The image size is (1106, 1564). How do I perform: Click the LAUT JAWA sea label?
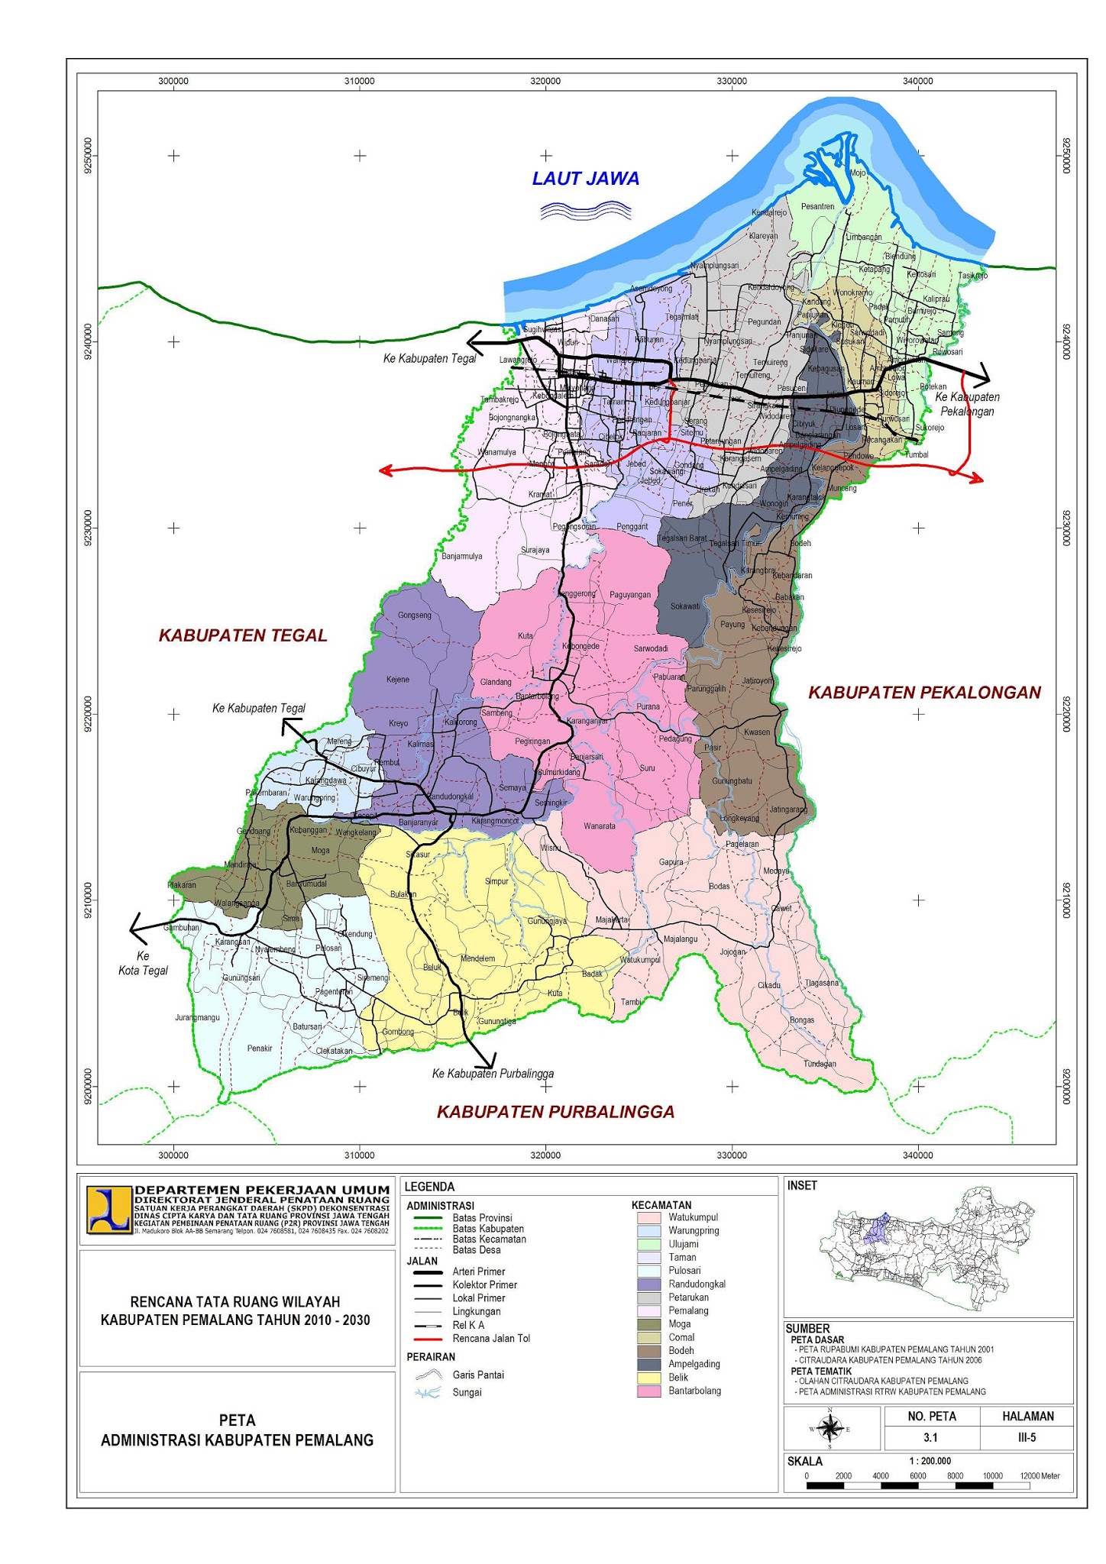[585, 179]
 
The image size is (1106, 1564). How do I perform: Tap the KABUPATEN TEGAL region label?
[243, 635]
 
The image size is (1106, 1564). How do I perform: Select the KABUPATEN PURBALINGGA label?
[555, 1112]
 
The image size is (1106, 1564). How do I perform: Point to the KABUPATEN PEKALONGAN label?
[924, 693]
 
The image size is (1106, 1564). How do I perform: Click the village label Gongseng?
[415, 615]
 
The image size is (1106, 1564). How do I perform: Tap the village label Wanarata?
[599, 826]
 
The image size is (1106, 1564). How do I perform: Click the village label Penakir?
[260, 1049]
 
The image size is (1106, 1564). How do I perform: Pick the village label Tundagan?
[820, 1064]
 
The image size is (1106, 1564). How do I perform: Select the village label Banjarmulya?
[461, 557]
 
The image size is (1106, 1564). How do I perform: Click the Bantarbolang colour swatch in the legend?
[648, 1391]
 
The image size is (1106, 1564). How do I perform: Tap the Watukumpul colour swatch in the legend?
[648, 1217]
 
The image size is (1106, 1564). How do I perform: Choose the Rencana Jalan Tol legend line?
[428, 1339]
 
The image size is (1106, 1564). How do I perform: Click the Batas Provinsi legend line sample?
[428, 1217]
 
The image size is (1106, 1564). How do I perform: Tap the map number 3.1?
[930, 1437]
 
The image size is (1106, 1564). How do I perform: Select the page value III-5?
[1027, 1437]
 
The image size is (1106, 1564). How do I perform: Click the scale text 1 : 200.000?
[930, 1461]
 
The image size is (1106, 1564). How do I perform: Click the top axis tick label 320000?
[545, 81]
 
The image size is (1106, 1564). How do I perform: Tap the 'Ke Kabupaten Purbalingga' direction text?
[493, 1074]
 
